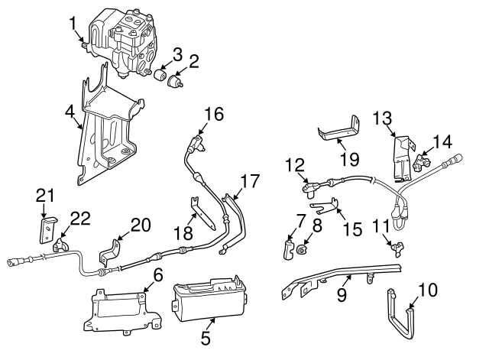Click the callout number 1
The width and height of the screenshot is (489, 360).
coord(73,23)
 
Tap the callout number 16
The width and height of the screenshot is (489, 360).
coord(215,114)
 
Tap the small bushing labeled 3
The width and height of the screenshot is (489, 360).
coord(161,76)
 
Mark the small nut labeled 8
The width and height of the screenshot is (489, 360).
coord(303,248)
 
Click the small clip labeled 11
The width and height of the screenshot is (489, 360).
coord(396,246)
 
